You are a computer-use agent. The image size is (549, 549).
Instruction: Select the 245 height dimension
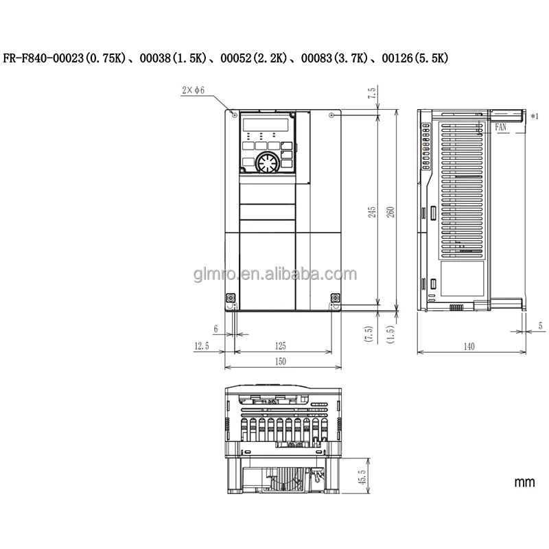coord(372,212)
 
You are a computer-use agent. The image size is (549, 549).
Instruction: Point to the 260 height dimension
coord(390,212)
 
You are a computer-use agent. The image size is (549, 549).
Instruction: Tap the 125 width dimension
coord(280,346)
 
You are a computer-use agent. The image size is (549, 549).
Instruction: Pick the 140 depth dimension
coord(469,347)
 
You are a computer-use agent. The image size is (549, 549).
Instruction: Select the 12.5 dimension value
coord(200,346)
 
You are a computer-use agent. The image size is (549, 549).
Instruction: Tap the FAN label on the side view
coord(500,127)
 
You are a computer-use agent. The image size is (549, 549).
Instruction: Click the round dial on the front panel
coord(266,163)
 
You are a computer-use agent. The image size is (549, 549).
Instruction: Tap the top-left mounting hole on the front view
coord(235,115)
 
